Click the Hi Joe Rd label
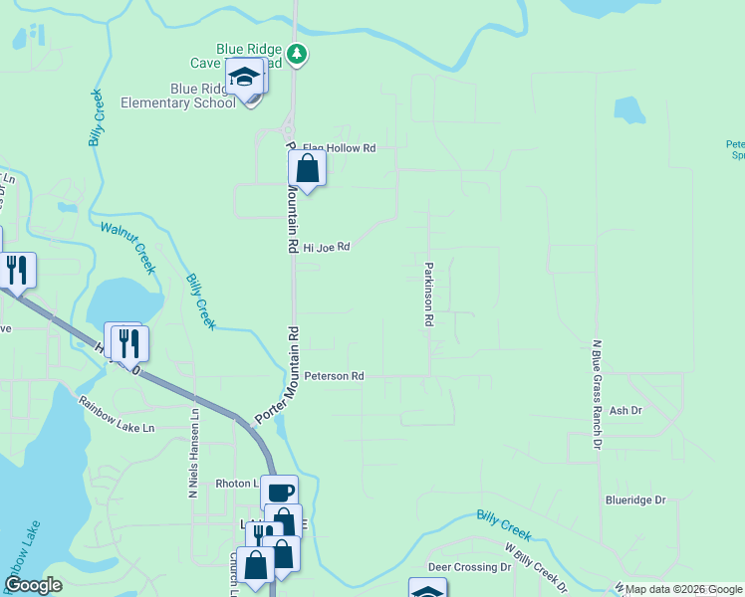pos(327,247)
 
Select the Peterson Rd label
pos(335,377)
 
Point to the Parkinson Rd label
pos(429,295)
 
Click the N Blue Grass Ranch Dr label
pos(598,394)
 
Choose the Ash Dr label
pos(625,410)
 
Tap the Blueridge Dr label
pos(634,500)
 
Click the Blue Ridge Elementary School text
pos(177,96)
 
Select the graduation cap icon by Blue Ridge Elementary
pos(244,76)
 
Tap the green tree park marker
pos(297,53)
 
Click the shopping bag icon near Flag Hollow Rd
pos(308,168)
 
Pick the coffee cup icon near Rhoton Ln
pos(279,492)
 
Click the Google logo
pos(34,586)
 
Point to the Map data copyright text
pos(683,590)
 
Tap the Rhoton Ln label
pos(236,484)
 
